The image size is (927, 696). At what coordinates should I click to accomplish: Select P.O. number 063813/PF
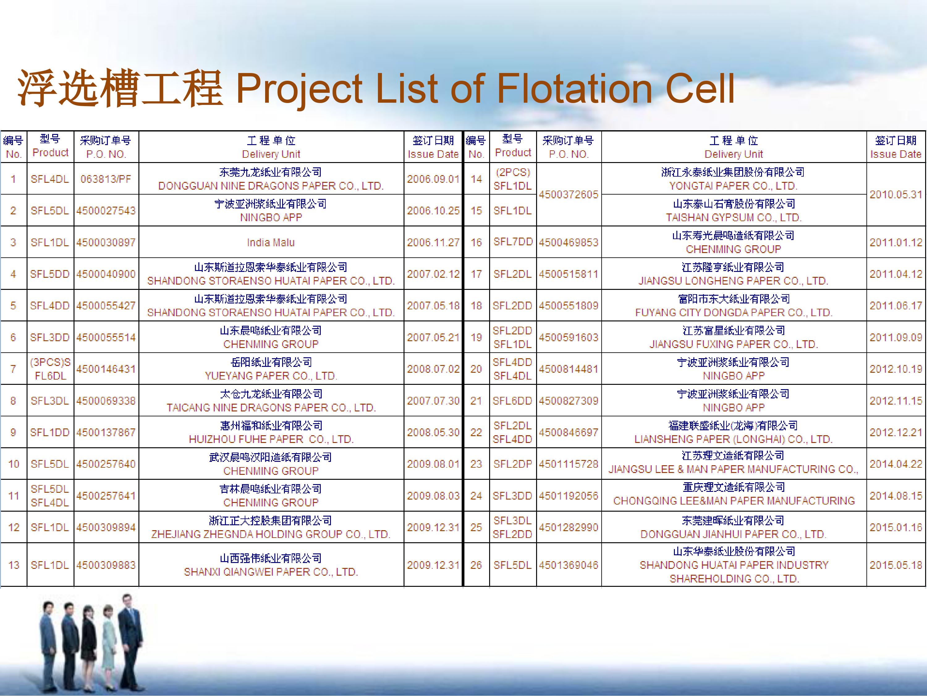coord(106,179)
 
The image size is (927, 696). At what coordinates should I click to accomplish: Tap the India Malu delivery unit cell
coord(271,243)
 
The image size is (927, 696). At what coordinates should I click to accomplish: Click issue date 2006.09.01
coord(433,179)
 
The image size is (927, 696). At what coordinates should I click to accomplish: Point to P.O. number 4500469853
coord(569,243)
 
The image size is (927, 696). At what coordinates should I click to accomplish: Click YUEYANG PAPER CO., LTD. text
coord(271,376)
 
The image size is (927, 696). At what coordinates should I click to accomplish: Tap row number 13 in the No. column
coord(14,565)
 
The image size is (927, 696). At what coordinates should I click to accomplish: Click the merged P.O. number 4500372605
coord(569,195)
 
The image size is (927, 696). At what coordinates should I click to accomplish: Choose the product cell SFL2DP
coord(513,464)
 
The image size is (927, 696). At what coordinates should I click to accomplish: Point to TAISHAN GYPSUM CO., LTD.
coord(734,218)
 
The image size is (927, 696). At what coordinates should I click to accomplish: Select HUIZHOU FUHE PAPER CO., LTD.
coord(271,439)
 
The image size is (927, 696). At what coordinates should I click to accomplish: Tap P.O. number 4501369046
coord(569,565)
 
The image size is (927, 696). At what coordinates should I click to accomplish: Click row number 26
coord(476,565)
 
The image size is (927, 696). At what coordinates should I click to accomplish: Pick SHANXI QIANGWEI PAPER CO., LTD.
coord(271,572)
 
